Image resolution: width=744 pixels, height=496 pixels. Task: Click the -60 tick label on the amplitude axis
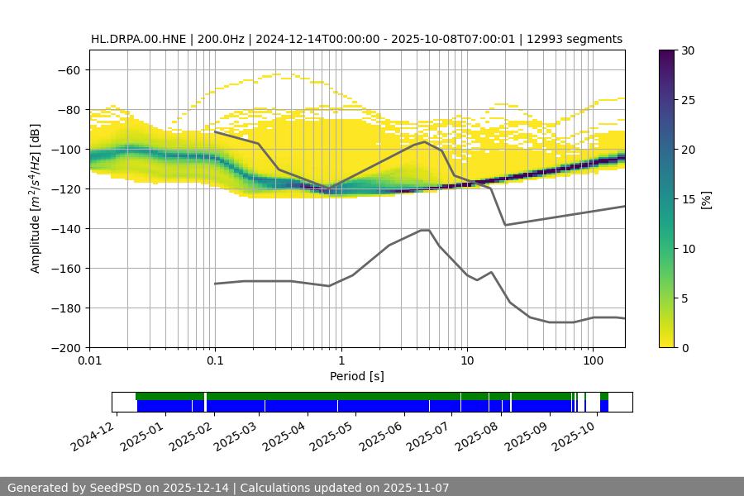(68, 70)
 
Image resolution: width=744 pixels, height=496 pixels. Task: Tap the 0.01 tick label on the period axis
(89, 361)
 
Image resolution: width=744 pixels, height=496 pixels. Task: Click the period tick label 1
(341, 361)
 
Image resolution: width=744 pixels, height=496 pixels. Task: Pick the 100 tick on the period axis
(592, 361)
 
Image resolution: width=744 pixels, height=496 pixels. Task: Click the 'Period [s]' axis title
(357, 377)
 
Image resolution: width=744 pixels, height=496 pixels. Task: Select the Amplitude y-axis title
(36, 198)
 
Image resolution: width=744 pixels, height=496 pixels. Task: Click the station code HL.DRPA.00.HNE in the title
(139, 39)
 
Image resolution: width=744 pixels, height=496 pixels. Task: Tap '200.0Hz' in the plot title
(221, 39)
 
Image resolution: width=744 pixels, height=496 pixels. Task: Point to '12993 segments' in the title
(579, 39)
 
